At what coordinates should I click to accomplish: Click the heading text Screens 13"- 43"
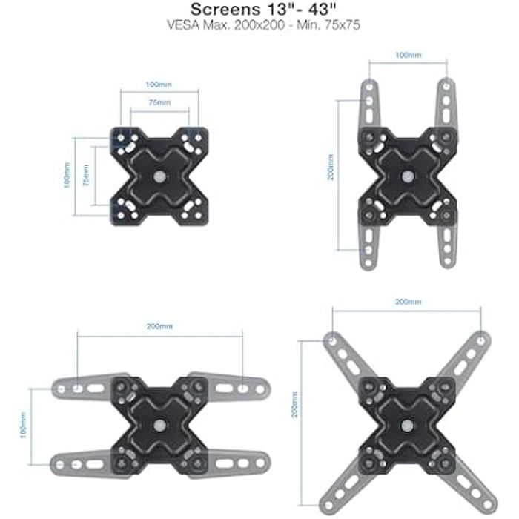click(x=263, y=9)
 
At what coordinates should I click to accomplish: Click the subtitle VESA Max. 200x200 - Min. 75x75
click(x=263, y=25)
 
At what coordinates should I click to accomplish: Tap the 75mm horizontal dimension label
click(x=159, y=102)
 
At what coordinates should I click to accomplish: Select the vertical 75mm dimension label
click(x=86, y=175)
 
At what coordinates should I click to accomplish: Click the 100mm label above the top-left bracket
click(x=159, y=85)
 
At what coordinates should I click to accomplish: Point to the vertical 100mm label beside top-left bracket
click(x=67, y=175)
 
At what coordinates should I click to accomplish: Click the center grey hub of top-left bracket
click(x=159, y=176)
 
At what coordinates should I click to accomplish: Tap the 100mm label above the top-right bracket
click(x=408, y=55)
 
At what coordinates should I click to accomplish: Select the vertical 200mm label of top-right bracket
click(x=331, y=167)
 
